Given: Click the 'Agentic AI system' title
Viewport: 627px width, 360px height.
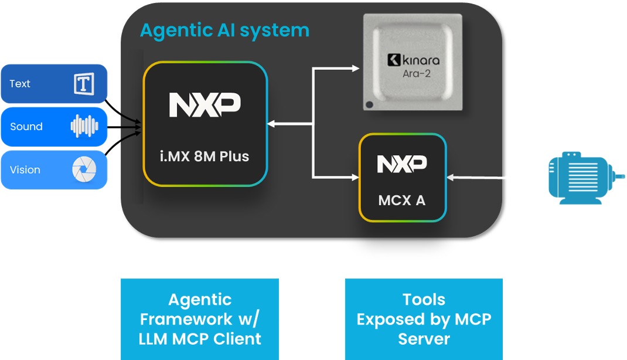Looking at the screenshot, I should pyautogui.click(x=224, y=30).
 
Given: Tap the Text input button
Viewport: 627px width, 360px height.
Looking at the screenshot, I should pyautogui.click(x=54, y=84).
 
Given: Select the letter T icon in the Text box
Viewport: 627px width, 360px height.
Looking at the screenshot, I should pyautogui.click(x=84, y=84).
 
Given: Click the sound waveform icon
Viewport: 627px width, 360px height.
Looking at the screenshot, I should pyautogui.click(x=84, y=127).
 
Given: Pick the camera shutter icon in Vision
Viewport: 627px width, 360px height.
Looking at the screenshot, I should pyautogui.click(x=84, y=170).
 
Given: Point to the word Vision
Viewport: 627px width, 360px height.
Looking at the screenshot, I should pyautogui.click(x=25, y=170).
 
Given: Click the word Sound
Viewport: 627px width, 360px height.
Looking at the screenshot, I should pyautogui.click(x=26, y=127).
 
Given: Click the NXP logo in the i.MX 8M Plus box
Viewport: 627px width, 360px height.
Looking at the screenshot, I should pyautogui.click(x=205, y=104).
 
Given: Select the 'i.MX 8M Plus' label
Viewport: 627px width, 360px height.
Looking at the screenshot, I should pyautogui.click(x=205, y=157).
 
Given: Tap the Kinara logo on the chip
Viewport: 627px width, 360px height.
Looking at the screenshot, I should pyautogui.click(x=413, y=60).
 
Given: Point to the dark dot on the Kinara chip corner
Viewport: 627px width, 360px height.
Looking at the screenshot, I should pyautogui.click(x=369, y=105).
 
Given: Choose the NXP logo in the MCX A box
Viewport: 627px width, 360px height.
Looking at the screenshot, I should pyautogui.click(x=402, y=164).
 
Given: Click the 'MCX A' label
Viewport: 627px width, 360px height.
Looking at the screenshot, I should pyautogui.click(x=402, y=200).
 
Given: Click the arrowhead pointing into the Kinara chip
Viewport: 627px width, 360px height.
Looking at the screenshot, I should pyautogui.click(x=356, y=69).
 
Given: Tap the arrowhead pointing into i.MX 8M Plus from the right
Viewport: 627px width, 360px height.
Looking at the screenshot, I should pyautogui.click(x=271, y=124).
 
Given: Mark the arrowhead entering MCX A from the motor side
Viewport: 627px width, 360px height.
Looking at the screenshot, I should pyautogui.click(x=451, y=176).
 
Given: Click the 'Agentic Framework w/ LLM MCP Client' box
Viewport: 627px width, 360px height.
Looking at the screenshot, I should pyautogui.click(x=200, y=319).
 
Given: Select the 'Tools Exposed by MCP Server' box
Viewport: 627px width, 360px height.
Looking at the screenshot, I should pyautogui.click(x=424, y=319).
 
